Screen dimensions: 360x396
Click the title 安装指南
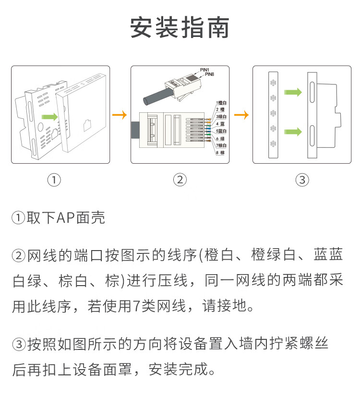pos(180,27)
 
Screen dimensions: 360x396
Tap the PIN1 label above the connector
pos(204,70)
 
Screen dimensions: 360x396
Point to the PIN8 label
pos(209,74)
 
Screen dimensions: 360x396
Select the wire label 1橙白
pos(221,103)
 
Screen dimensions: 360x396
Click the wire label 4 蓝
pos(220,124)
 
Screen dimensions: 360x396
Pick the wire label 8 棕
pos(220,153)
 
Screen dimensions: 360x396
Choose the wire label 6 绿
pos(220,139)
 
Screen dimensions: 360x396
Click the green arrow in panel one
pos(50,117)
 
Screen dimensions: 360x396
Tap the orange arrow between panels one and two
pos(119,115)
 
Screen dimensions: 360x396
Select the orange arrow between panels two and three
pos(241,115)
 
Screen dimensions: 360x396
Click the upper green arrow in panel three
pos(293,92)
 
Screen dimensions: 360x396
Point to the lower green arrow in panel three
pos(293,132)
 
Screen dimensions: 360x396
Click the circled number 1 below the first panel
pos(54,180)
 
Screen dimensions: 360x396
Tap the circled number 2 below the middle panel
pos(180,180)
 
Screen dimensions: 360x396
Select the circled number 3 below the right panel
pos(302,180)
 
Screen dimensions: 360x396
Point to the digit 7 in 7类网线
pos(136,306)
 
